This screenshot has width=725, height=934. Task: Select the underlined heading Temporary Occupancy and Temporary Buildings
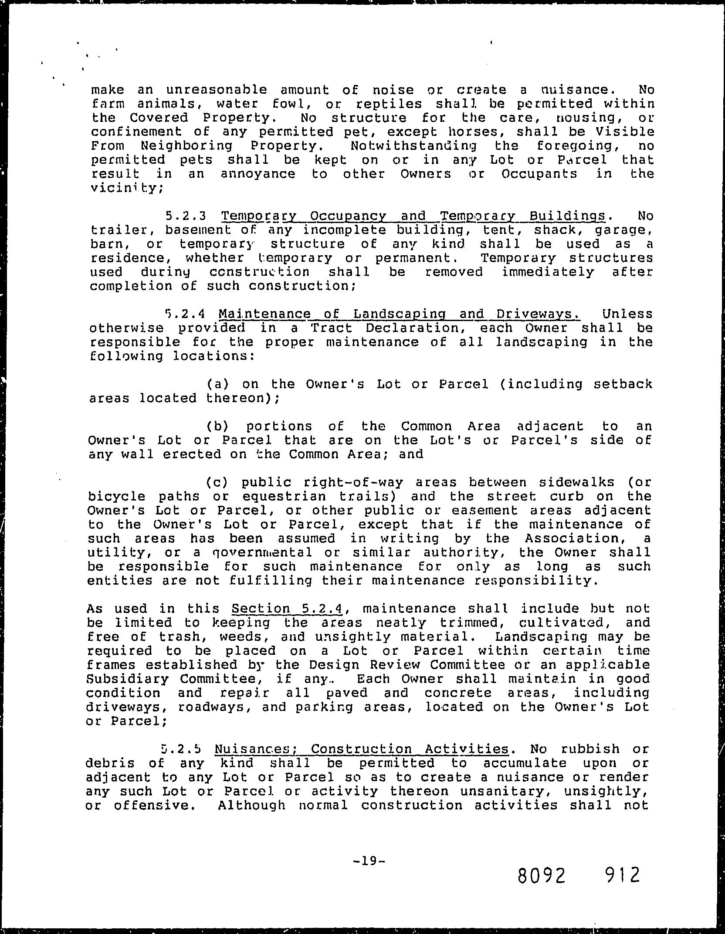[x=413, y=216]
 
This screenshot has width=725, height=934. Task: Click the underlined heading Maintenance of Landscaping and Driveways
[x=399, y=314]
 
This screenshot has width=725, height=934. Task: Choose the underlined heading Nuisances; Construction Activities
[x=361, y=749]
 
